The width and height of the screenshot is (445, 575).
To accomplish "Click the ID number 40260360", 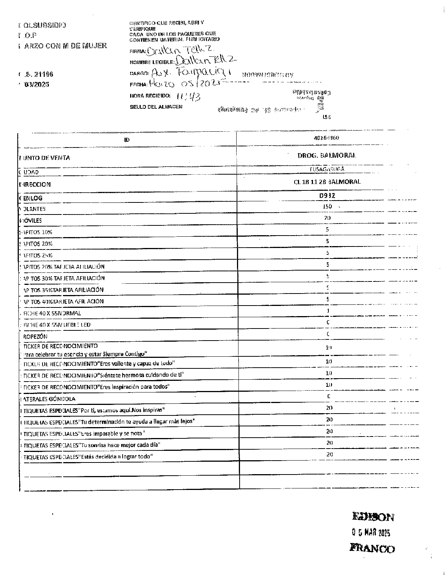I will tap(327, 138).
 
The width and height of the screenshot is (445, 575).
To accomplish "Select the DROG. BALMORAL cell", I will tap(327, 155).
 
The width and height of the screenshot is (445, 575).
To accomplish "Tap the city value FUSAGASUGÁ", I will tap(327, 169).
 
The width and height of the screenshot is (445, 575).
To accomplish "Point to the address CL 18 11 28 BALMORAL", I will tap(327, 182).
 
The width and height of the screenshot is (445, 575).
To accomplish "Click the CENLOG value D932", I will tap(327, 195).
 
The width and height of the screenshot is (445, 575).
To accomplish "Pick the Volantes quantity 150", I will tap(327, 207).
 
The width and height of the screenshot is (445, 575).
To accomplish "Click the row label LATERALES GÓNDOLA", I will tap(48, 399).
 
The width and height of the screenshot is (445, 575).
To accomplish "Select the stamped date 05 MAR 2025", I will tap(371, 533).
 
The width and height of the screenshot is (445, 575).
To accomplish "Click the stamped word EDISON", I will tap(373, 517).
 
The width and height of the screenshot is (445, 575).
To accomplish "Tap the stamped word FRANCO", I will tap(372, 548).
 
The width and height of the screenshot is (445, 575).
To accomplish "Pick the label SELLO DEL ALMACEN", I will tap(156, 107).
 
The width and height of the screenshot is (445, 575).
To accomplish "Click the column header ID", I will tap(127, 140).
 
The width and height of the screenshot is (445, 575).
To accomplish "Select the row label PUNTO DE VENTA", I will tap(45, 158).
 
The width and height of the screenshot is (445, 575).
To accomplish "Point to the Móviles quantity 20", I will tap(327, 218).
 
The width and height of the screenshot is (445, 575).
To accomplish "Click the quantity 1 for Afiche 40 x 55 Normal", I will tap(328, 311).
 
